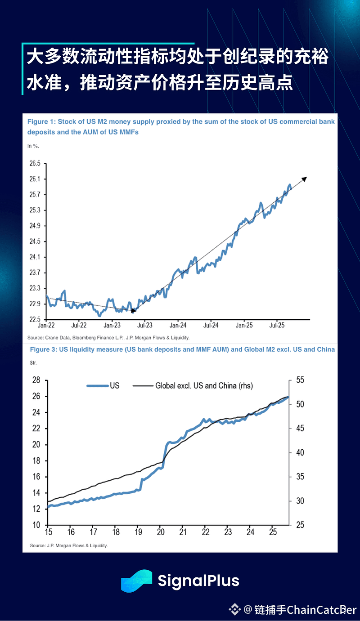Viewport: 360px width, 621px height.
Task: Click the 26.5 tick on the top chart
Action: click(x=34, y=163)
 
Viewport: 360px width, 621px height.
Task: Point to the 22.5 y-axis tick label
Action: click(x=34, y=319)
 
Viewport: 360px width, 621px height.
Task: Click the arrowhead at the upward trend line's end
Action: click(x=305, y=179)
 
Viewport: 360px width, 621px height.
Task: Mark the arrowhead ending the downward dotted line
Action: click(x=133, y=310)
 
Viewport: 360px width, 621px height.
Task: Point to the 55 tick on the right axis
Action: click(x=300, y=380)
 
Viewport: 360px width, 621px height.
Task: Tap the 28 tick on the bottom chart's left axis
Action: click(x=36, y=380)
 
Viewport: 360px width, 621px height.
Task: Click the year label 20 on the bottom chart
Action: click(x=161, y=532)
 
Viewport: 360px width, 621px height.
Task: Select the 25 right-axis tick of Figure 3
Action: click(x=300, y=525)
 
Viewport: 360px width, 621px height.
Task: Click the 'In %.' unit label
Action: click(x=33, y=146)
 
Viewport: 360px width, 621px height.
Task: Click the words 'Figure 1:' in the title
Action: click(x=41, y=122)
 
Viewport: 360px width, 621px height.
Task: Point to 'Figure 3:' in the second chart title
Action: click(x=43, y=349)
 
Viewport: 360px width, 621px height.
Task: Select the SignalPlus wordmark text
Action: click(x=198, y=581)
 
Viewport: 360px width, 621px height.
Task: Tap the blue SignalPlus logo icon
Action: click(x=136, y=581)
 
